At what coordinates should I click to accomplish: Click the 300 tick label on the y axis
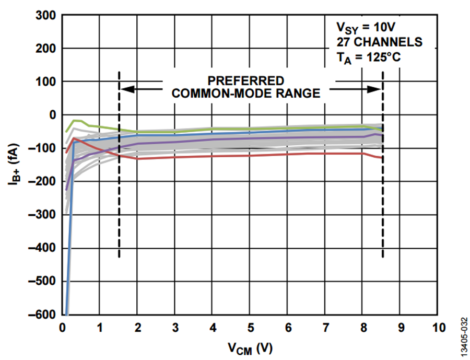(46, 15)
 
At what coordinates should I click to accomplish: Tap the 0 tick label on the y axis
(52, 115)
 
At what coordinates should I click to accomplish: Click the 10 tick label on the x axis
(438, 328)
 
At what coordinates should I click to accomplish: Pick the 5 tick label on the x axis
(250, 328)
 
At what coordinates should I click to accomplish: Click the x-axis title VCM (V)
(250, 347)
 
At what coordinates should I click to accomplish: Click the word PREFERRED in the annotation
(246, 81)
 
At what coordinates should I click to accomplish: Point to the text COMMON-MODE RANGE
(246, 94)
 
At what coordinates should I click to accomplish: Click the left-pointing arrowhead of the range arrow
(126, 89)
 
